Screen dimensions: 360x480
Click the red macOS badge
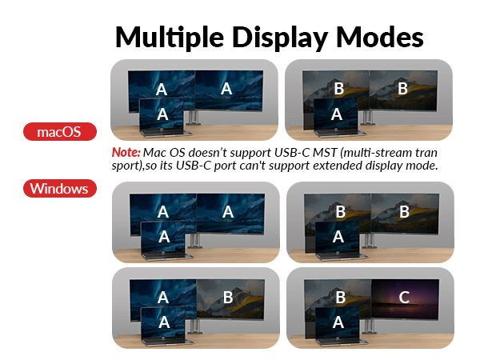[60, 131]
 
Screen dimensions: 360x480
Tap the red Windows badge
[59, 189]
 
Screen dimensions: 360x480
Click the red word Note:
[126, 153]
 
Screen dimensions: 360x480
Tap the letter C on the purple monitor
[404, 298]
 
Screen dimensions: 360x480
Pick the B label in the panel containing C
[339, 298]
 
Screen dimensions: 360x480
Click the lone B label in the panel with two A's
[228, 298]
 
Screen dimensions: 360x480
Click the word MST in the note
[302, 153]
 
